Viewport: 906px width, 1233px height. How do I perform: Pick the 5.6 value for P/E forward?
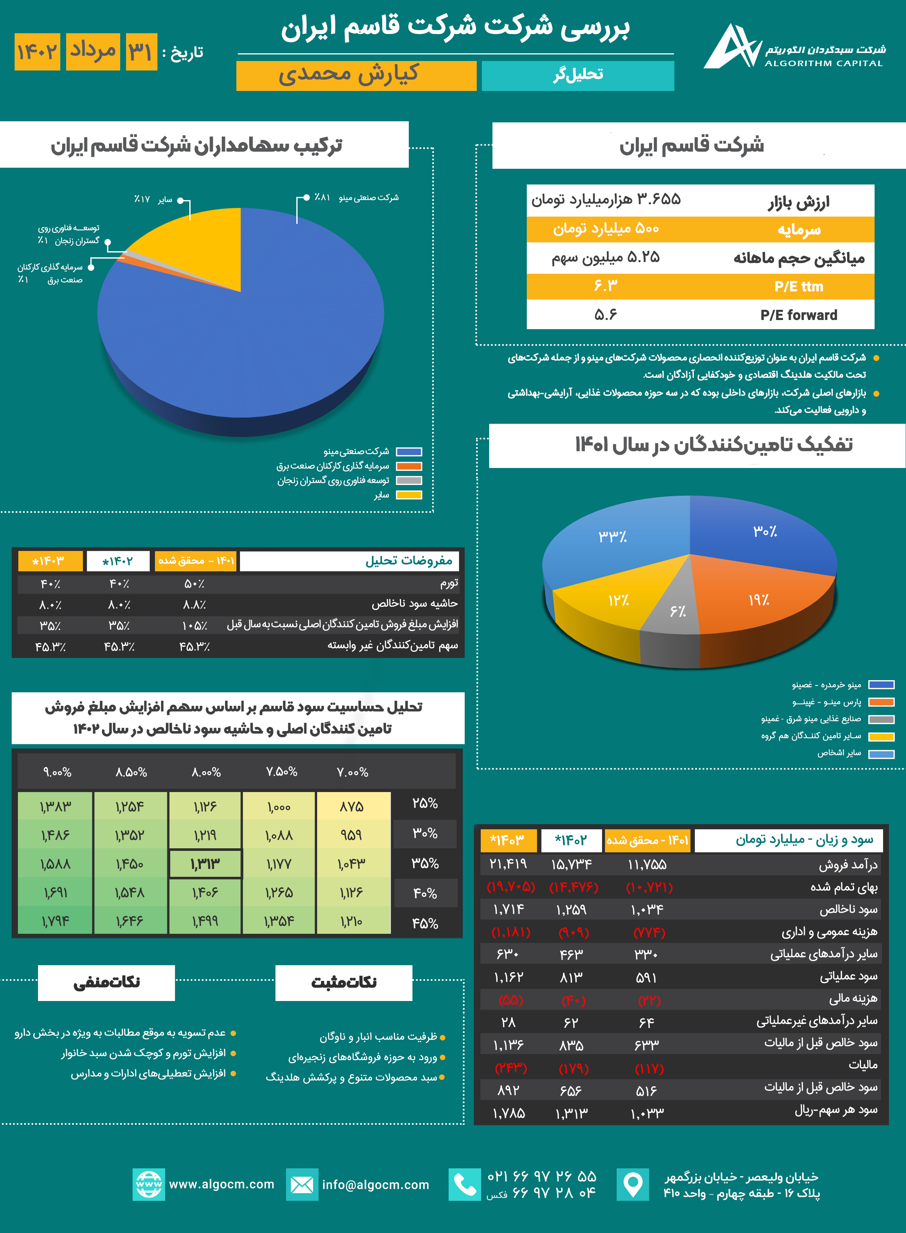605,315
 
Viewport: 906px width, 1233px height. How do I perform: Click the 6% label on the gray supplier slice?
678,611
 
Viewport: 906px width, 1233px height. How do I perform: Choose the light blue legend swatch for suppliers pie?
881,754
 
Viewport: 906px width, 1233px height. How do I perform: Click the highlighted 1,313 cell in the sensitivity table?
205,864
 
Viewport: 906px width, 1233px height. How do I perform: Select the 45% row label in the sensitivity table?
425,924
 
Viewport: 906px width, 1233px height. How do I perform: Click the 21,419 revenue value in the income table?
508,864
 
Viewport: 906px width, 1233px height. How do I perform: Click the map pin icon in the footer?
633,1184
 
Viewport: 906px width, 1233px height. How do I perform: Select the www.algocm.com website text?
221,1184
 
